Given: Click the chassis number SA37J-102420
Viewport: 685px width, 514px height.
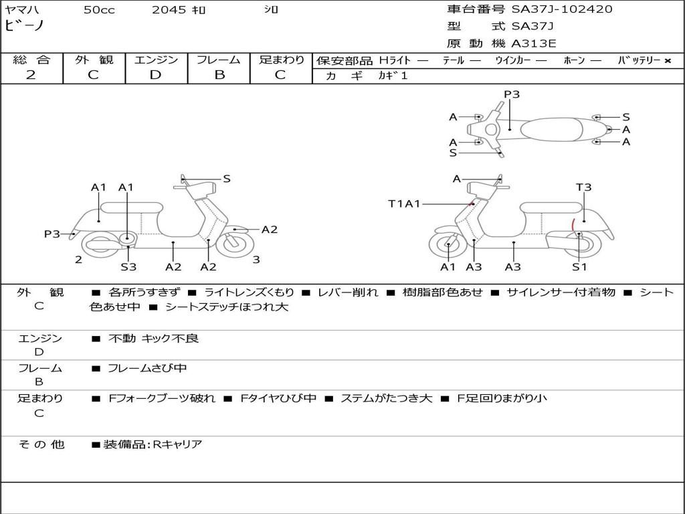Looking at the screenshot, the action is coord(561,9).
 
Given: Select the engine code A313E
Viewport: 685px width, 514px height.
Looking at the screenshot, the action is coord(533,44).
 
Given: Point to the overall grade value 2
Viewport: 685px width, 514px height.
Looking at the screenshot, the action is coord(31,75).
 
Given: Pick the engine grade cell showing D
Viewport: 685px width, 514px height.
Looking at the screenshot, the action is coord(155,75).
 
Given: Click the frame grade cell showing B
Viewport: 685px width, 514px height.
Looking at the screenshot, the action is coord(219,75).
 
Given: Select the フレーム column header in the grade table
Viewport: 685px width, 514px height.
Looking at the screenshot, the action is coord(219,60).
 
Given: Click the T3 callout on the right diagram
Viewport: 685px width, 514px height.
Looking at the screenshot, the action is coord(583,187).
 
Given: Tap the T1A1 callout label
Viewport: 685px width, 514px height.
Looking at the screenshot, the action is coord(404,203).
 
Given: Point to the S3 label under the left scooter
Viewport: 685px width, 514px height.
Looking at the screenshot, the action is coord(128,267).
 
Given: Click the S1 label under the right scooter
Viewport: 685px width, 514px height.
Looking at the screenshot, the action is coord(579,267).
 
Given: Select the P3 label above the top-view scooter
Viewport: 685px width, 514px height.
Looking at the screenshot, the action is coord(512,94).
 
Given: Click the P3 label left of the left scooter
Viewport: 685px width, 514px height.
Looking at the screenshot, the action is coord(52,234).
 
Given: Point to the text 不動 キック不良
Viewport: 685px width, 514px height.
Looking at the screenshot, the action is coord(153,339).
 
